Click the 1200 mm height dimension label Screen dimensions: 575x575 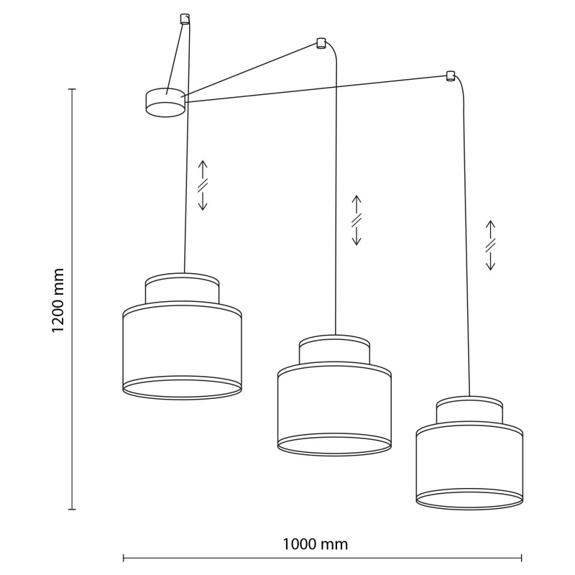[x=58, y=300]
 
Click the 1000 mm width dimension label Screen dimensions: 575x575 [x=315, y=544]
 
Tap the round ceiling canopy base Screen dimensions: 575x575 [x=165, y=102]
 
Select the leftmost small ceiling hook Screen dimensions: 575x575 [x=185, y=19]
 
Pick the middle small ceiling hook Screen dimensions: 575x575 [x=321, y=43]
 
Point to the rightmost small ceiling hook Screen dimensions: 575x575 [x=451, y=75]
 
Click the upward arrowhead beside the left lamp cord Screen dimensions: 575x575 [x=203, y=164]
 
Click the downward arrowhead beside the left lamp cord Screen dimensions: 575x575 [x=203, y=207]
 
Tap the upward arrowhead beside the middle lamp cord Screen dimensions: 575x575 [x=356, y=198]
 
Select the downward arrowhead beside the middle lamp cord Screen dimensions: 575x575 [x=356, y=241]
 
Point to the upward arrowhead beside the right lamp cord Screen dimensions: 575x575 [x=491, y=224]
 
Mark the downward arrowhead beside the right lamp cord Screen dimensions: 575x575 [x=491, y=267]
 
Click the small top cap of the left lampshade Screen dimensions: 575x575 [x=183, y=288]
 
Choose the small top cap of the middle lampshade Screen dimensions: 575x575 [x=334, y=350]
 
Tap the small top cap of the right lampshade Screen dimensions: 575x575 [x=469, y=411]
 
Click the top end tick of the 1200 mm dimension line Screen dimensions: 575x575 [x=73, y=89]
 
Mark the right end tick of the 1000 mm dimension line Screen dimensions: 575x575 [x=522, y=558]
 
